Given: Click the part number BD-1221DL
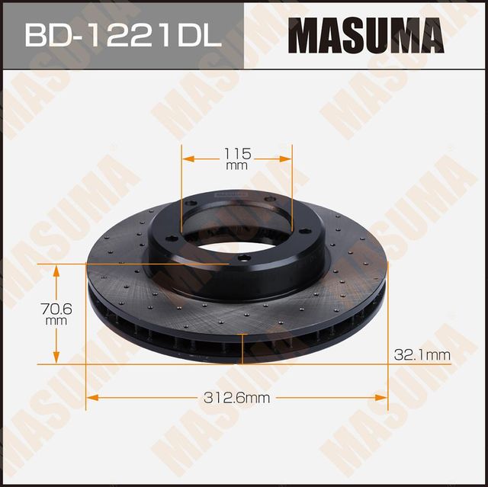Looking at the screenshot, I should point(122,35).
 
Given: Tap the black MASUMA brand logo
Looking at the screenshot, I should point(366,36).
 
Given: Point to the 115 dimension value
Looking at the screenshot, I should point(237,152).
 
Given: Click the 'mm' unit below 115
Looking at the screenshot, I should point(237,165).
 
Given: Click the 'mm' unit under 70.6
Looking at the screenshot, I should point(56,321).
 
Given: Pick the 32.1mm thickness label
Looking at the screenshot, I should point(422,354).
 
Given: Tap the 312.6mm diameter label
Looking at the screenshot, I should point(238,397).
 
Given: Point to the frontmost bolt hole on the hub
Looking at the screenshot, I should point(242,257).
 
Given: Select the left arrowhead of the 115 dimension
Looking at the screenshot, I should point(187,159).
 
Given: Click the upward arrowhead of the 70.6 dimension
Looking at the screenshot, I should point(56,268).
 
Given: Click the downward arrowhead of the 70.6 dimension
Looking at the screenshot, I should point(56,359).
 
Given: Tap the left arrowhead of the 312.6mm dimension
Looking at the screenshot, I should point(91,397).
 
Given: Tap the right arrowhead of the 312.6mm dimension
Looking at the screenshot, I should point(383,397).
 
